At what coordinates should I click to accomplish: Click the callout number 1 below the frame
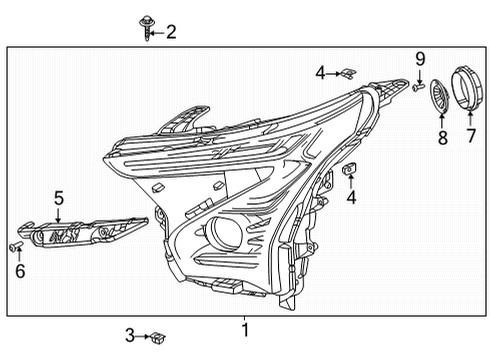pos(243,328)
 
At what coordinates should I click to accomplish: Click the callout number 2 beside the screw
pos(170,32)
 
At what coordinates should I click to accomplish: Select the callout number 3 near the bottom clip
pos(129,335)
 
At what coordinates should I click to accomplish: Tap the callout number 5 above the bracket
pos(59,198)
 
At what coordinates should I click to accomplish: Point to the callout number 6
pos(19,269)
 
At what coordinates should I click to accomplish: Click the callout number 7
pos(470,134)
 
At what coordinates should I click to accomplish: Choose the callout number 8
pos(442,137)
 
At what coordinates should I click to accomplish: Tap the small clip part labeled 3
pos(158,336)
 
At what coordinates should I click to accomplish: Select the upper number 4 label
pos(320,72)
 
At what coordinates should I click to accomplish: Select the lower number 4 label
pos(351,198)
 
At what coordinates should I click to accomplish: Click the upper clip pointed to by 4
pos(346,72)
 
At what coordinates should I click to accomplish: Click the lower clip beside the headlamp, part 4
pos(350,172)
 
